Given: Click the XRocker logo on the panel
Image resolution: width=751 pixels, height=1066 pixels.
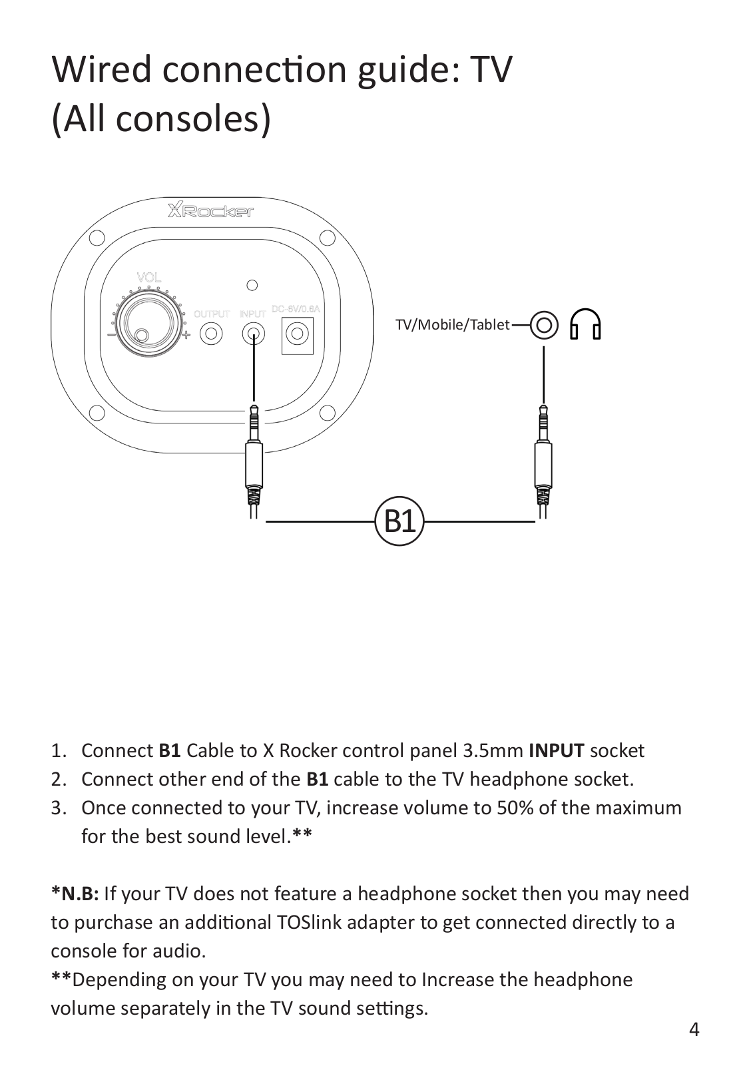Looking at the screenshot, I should pos(210,212).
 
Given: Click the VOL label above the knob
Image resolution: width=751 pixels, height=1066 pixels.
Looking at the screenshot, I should pos(149,278).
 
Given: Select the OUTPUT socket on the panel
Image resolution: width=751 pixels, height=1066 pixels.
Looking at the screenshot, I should pos(211,332).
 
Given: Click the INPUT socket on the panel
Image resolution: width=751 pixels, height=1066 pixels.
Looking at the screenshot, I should pos(253,332).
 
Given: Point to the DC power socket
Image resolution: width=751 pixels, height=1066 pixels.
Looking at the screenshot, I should pos(297,332).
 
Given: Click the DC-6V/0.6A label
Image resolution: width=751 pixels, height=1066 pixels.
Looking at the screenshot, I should pos(297,309).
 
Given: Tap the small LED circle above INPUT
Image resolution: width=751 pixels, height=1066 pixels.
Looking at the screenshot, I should pos(252,286).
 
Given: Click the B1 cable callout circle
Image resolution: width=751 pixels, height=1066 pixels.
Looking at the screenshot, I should pos(399,521).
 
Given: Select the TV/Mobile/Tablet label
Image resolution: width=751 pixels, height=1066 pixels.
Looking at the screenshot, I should pos(452,325).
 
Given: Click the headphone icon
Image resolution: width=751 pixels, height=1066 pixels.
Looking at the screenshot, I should pos(585,324).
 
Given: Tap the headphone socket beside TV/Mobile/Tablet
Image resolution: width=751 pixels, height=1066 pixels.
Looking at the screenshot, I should pos(544,325).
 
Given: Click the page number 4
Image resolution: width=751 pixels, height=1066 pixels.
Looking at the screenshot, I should pos(694,1031).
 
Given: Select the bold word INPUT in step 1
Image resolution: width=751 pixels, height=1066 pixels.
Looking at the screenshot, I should pos(557,751).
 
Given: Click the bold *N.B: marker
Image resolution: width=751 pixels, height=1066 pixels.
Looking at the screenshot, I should pos(75,894).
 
